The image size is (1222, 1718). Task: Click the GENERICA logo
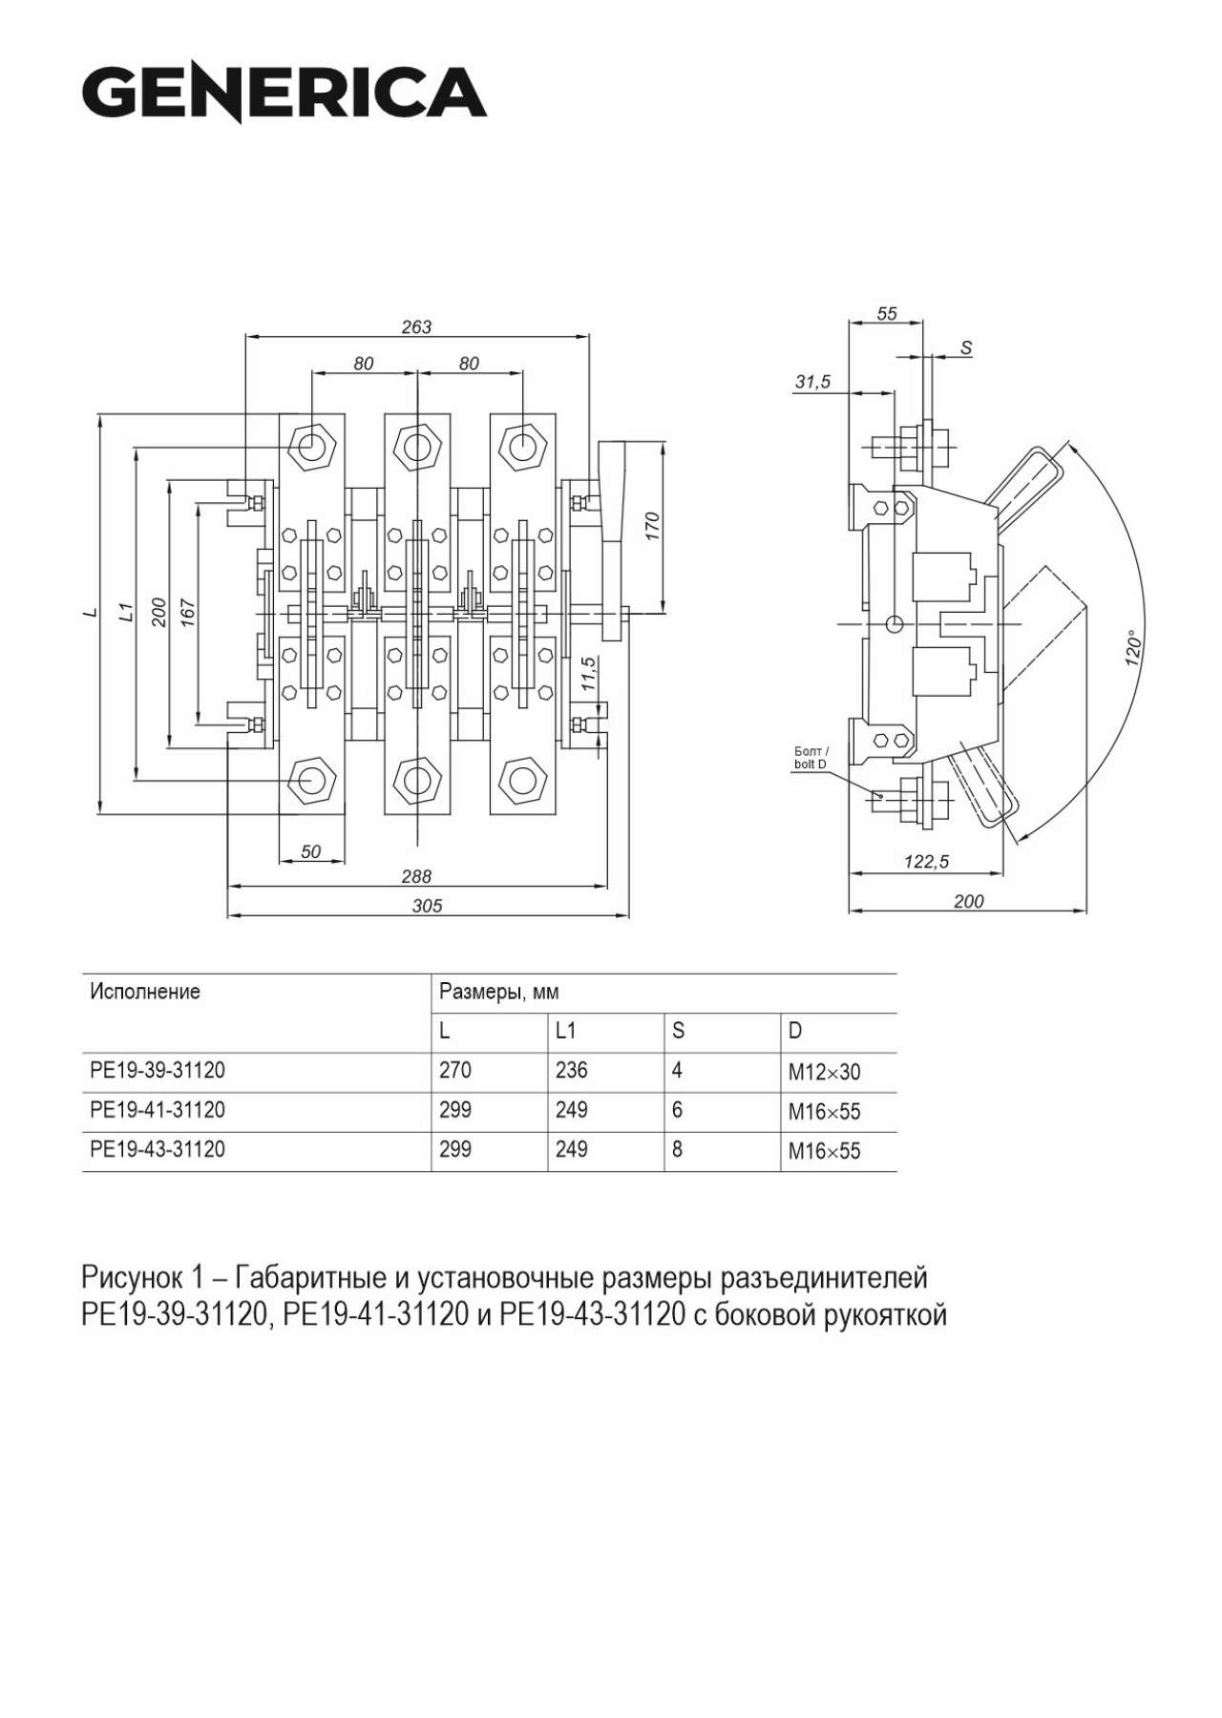tap(284, 94)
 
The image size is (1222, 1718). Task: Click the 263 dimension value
tap(416, 326)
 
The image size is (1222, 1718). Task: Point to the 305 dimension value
tap(427, 906)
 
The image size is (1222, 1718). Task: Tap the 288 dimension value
tap(416, 876)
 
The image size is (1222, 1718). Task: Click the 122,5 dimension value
tap(926, 862)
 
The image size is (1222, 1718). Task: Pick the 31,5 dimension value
tap(812, 382)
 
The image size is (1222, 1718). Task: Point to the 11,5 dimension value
tap(588, 674)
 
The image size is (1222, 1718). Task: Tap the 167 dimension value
tap(187, 612)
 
